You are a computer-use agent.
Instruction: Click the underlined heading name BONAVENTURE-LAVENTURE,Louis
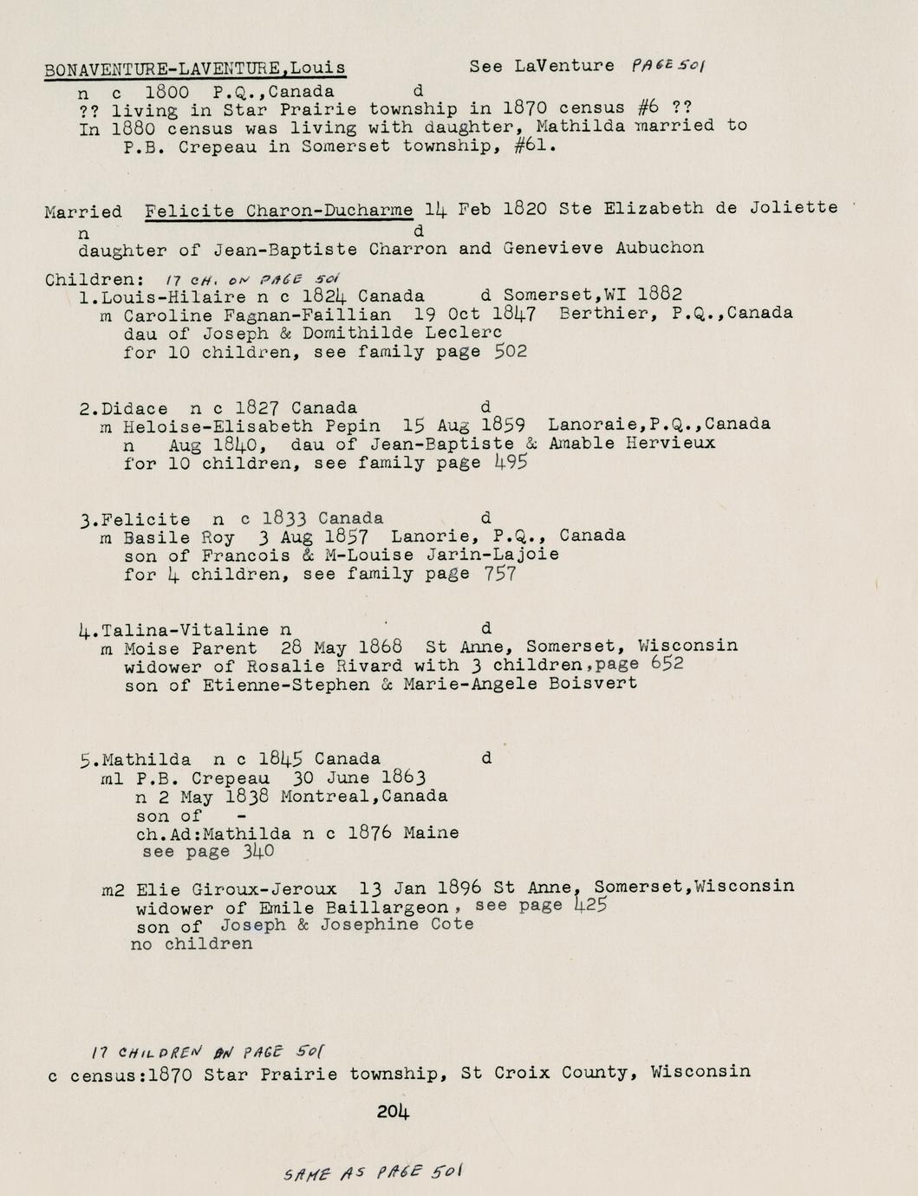pos(195,68)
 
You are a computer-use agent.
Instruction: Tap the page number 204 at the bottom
pos(393,1111)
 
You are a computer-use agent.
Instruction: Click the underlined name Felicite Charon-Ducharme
pos(279,211)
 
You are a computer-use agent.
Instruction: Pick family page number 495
pos(511,462)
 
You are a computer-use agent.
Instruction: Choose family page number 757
pos(499,573)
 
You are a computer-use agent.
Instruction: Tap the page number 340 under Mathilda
pos(257,851)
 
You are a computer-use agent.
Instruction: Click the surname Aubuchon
pos(660,248)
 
